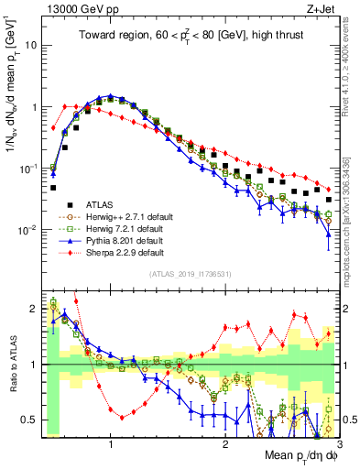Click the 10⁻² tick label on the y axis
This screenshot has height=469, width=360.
coord(27,229)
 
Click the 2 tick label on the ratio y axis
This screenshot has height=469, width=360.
coord(33,309)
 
